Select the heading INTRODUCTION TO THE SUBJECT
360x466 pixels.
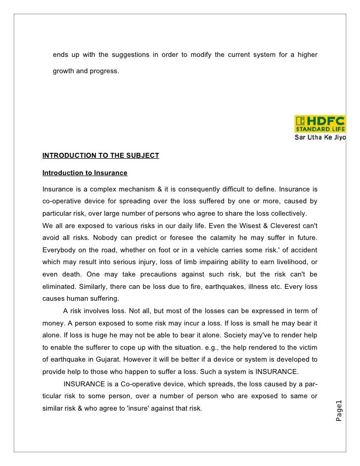(101, 156)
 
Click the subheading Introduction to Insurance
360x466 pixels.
(85, 173)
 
